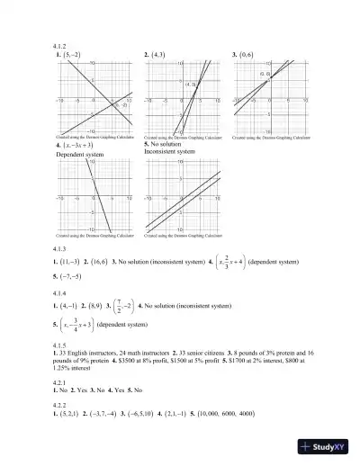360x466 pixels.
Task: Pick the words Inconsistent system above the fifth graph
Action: click(170, 151)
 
